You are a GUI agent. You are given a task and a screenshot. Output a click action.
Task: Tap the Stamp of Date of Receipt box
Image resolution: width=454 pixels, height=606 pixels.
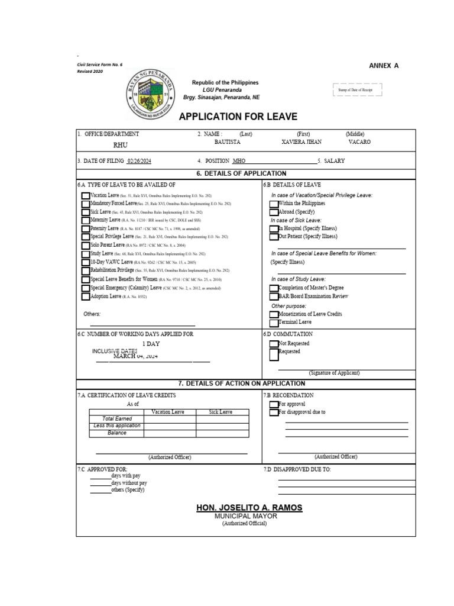(x=358, y=90)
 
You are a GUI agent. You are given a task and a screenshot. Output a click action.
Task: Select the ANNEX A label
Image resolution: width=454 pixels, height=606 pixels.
(x=384, y=66)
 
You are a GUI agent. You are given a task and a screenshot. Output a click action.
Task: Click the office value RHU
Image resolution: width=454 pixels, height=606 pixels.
(x=120, y=144)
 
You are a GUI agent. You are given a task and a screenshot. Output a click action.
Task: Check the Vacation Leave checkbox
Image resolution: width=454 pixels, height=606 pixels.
(x=86, y=195)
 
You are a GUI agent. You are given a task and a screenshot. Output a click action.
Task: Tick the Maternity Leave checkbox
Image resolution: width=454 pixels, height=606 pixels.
(x=86, y=220)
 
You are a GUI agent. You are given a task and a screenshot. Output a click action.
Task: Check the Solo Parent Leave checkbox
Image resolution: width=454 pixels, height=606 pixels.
(x=86, y=245)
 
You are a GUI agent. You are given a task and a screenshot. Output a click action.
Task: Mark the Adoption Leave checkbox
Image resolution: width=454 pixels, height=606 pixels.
(x=86, y=296)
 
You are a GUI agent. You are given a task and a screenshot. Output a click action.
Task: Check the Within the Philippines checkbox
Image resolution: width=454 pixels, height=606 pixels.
(x=274, y=204)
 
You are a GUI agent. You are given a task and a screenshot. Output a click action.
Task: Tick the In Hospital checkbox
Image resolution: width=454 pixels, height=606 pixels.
(x=274, y=228)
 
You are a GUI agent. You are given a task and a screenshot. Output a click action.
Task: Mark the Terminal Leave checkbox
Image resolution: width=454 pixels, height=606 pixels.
(x=274, y=323)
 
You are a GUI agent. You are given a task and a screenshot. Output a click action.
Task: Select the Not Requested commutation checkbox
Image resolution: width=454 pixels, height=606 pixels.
(x=274, y=344)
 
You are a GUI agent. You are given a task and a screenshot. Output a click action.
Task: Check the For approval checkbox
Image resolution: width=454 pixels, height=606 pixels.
(x=274, y=405)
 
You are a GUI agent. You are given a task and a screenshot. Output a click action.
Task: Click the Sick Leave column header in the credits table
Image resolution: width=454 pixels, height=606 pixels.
(x=221, y=412)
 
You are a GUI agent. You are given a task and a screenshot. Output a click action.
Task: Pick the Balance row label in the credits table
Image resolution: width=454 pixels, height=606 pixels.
(x=117, y=433)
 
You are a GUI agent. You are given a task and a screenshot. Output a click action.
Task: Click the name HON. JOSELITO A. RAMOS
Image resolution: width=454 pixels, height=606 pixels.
(x=249, y=508)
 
